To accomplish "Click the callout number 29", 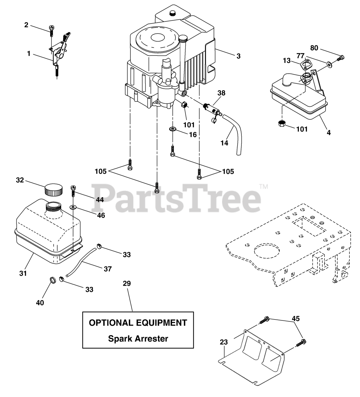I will (127, 283).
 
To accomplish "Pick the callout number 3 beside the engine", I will (238, 56).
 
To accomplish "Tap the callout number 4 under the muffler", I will (328, 132).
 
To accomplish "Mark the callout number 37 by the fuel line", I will (108, 269).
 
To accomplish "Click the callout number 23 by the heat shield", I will (224, 342).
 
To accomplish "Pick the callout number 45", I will (296, 319).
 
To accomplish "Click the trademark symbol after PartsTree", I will (263, 187).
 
